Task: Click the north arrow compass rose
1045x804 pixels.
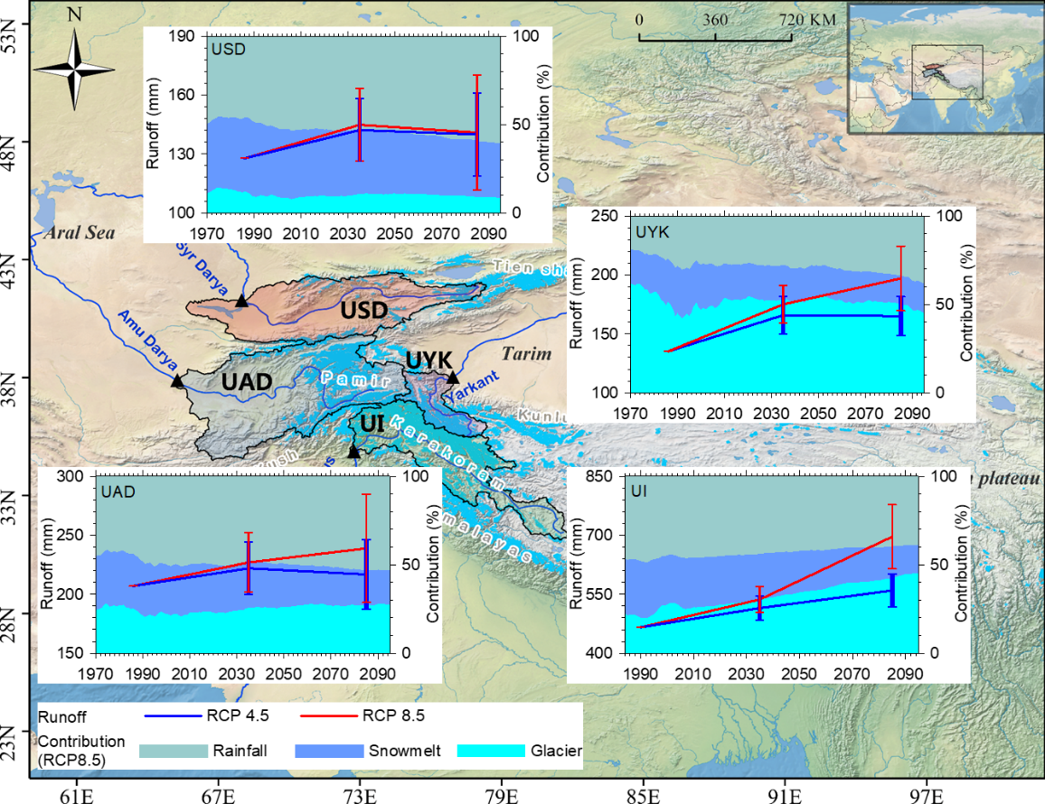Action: (x=74, y=70)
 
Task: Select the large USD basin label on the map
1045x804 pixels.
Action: (x=364, y=310)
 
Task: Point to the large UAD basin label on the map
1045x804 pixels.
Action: (x=247, y=382)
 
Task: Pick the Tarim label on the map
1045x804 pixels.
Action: (x=527, y=353)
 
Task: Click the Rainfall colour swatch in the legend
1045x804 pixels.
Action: (x=173, y=751)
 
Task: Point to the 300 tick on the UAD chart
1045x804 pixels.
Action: (x=71, y=477)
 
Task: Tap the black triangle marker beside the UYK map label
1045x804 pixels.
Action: (x=453, y=378)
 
